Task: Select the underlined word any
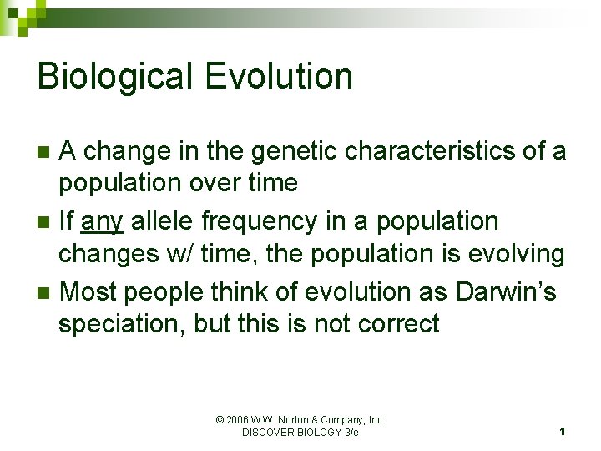point(102,222)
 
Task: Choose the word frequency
point(275,222)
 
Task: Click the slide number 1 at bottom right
point(563,432)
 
